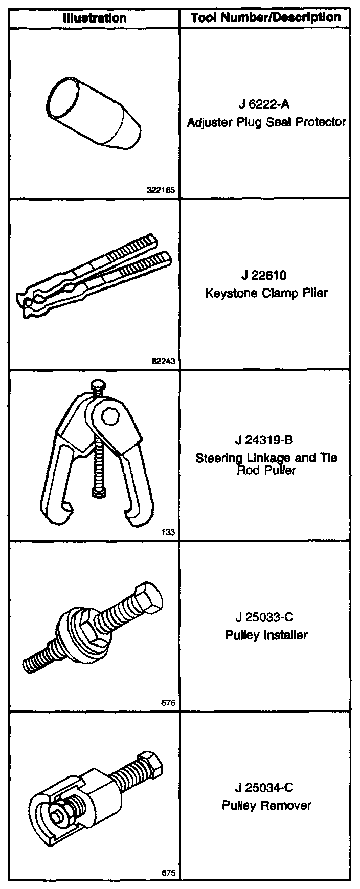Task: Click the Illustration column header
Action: pyautogui.click(x=95, y=18)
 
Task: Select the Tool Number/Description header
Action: pyautogui.click(x=265, y=18)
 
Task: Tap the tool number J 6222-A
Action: pyautogui.click(x=264, y=105)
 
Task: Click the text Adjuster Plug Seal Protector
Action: pyautogui.click(x=266, y=122)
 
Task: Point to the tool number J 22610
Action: pyautogui.click(x=264, y=276)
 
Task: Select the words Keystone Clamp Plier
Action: pyautogui.click(x=266, y=294)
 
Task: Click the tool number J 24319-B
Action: pyautogui.click(x=265, y=440)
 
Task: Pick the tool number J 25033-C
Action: pyautogui.click(x=265, y=617)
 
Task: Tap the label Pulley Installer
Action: pyautogui.click(x=266, y=635)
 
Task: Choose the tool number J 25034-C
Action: pyautogui.click(x=265, y=788)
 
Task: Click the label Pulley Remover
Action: pyautogui.click(x=266, y=806)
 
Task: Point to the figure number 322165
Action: pyautogui.click(x=161, y=190)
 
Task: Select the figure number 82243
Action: pyautogui.click(x=164, y=361)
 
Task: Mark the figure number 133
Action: pyautogui.click(x=168, y=532)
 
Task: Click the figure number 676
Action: pyautogui.click(x=168, y=703)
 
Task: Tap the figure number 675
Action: pyautogui.click(x=168, y=874)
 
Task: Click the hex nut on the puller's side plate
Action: pyautogui.click(x=109, y=415)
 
